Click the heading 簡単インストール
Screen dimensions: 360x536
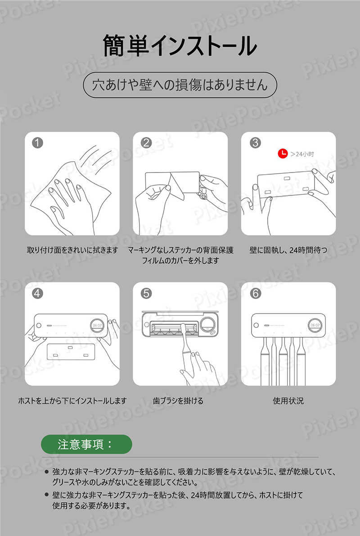[x=180, y=45]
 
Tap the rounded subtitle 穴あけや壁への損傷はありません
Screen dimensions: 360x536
[x=180, y=85]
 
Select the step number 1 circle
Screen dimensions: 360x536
[x=37, y=142]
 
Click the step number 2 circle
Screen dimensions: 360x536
[x=146, y=142]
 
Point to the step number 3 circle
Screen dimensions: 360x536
[x=255, y=142]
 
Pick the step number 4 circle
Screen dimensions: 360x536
[x=37, y=293]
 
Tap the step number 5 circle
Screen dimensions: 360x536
[x=146, y=293]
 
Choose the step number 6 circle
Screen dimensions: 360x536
[x=255, y=293]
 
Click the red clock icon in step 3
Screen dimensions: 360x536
[x=283, y=154]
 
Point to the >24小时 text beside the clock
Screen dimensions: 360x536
[x=302, y=154]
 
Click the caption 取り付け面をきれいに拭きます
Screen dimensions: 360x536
[x=72, y=250]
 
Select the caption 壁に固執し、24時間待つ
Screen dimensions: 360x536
[x=288, y=250]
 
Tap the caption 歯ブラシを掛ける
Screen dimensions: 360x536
[x=178, y=400]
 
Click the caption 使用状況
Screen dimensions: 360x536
[x=288, y=400]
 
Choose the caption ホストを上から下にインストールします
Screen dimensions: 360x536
[x=72, y=400]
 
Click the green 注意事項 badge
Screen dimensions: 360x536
[x=86, y=445]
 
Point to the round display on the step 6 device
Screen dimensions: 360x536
[x=315, y=325]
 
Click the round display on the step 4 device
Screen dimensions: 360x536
[x=97, y=325]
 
